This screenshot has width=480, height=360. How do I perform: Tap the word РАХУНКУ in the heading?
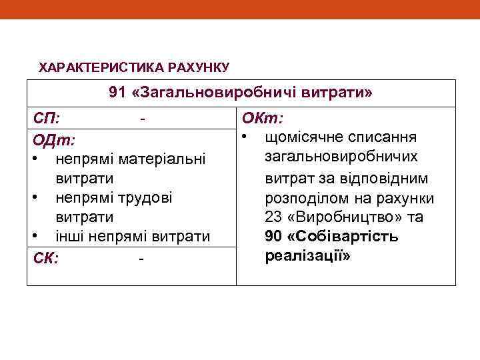[x=199, y=67]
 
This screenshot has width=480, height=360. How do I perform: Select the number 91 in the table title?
[x=117, y=93]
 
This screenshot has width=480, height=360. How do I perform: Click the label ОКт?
[x=263, y=119]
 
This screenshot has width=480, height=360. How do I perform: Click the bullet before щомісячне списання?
[x=245, y=137]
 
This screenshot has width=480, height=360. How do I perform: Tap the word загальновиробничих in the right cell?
[x=350, y=157]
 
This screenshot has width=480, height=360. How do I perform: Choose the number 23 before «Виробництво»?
[x=273, y=217]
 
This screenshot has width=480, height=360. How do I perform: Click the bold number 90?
[x=274, y=237]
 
